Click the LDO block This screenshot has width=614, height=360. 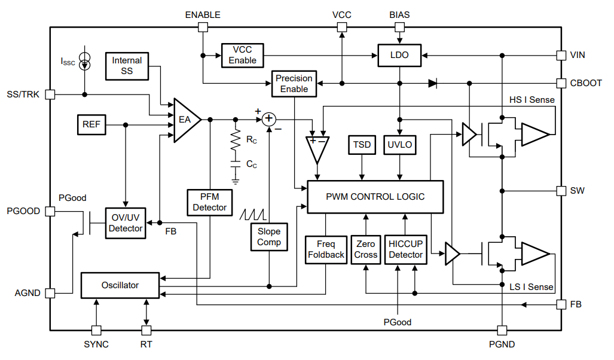pos(399,55)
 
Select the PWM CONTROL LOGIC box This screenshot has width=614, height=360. pos(375,197)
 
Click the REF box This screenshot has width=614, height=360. pos(91,125)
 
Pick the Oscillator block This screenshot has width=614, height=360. pos(120,285)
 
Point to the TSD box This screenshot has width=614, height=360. pos(362,145)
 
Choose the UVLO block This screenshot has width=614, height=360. pos(399,145)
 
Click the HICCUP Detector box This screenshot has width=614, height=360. pos(405,249)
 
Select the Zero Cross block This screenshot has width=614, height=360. pos(365,249)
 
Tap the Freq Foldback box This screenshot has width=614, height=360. pos(326,249)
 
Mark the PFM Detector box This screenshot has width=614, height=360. pos(210,202)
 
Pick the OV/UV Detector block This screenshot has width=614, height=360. pos(126,223)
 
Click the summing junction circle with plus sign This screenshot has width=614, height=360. pos(269,119)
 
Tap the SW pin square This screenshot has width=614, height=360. pos(561,191)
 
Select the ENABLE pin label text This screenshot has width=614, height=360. pos(203,14)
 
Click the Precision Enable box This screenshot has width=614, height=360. pos(294,84)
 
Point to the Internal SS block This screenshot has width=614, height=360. pos(127,65)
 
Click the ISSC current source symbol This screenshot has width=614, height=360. pos(85,60)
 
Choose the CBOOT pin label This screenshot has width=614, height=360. pos(586,83)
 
